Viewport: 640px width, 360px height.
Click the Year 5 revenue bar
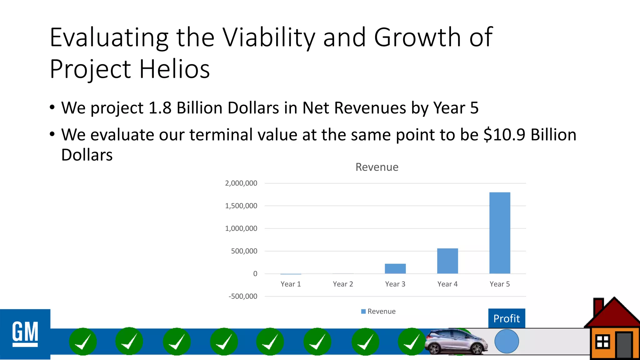(500, 233)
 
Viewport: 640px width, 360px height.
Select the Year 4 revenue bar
(447, 261)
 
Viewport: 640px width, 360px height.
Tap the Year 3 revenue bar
(395, 269)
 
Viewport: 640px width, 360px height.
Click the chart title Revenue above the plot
(377, 167)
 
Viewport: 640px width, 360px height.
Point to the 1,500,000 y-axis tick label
(241, 206)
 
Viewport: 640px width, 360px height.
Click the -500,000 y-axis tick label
(243, 296)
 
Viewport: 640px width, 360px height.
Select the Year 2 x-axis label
(343, 284)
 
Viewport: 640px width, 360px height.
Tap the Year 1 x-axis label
(291, 284)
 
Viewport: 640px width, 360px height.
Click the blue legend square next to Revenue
(363, 312)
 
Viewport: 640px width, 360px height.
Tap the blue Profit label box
(507, 318)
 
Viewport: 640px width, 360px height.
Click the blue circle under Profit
(507, 341)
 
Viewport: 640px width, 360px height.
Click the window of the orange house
(602, 342)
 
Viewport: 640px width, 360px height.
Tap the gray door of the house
(624, 345)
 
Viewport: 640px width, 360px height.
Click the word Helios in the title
(174, 69)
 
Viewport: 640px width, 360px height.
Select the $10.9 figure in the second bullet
(504, 135)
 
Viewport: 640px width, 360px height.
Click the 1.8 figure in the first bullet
(160, 108)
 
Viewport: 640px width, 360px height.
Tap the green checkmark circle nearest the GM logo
(83, 342)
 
